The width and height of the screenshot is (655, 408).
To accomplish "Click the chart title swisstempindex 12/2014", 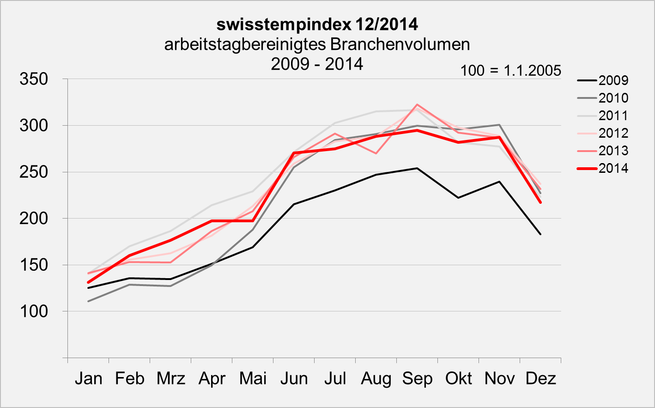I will pyautogui.click(x=317, y=24).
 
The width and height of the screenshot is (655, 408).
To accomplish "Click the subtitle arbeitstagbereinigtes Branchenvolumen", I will pyautogui.click(x=317, y=44).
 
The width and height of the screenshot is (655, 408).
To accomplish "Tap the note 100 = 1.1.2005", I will pyautogui.click(x=510, y=71).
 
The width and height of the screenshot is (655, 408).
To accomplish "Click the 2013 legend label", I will pyautogui.click(x=613, y=151).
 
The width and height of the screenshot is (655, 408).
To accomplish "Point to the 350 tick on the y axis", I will pyautogui.click(x=34, y=79).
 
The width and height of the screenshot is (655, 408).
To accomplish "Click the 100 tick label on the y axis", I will pyautogui.click(x=34, y=311).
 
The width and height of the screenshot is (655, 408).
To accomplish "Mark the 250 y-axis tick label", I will pyautogui.click(x=34, y=172).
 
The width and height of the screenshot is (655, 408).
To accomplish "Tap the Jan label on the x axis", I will pyautogui.click(x=88, y=378).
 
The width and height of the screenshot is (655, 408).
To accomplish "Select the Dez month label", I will pyautogui.click(x=540, y=378).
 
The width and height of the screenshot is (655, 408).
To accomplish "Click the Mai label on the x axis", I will pyautogui.click(x=253, y=378).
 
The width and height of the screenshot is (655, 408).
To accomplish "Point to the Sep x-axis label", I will pyautogui.click(x=417, y=378).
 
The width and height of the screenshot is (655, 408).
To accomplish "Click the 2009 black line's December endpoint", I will pyautogui.click(x=540, y=234).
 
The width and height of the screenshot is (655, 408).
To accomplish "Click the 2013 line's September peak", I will pyautogui.click(x=417, y=104).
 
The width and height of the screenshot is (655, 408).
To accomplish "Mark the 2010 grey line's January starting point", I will pyautogui.click(x=88, y=301).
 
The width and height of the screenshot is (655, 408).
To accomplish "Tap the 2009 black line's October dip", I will pyautogui.click(x=458, y=198).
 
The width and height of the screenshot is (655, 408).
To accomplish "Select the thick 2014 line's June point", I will pyautogui.click(x=294, y=152).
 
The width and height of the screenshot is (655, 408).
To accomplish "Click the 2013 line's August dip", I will pyautogui.click(x=376, y=153).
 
